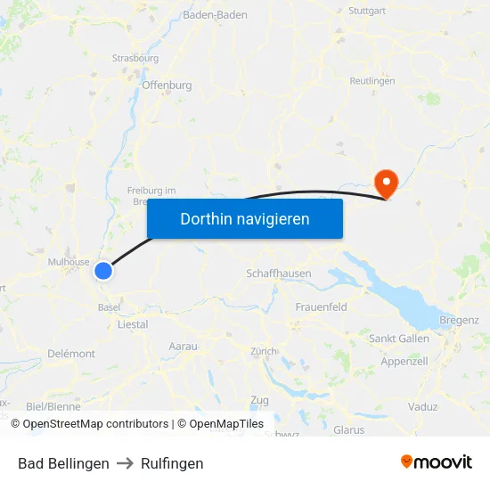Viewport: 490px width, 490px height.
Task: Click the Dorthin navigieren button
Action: (x=245, y=218)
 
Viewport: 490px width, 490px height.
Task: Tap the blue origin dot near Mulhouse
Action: (x=104, y=270)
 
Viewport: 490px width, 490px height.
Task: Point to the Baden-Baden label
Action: (x=215, y=15)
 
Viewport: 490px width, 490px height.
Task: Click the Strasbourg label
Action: (x=135, y=59)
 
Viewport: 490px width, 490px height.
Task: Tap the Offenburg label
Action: (x=167, y=86)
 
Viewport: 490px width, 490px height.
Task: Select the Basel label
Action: (x=110, y=307)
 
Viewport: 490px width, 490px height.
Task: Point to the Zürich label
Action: (x=264, y=351)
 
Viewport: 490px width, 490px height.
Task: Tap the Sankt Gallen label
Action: (x=399, y=339)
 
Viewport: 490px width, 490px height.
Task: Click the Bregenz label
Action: (x=460, y=321)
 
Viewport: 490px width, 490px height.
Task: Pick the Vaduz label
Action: (x=424, y=406)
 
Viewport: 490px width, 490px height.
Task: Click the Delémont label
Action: (x=71, y=354)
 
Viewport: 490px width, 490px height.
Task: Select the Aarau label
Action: (x=183, y=346)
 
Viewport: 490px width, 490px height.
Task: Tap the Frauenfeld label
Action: (x=321, y=307)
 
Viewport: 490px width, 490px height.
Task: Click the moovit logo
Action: (x=437, y=461)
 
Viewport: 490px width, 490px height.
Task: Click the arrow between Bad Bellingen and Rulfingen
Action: (x=125, y=463)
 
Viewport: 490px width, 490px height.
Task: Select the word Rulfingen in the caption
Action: (x=172, y=463)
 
